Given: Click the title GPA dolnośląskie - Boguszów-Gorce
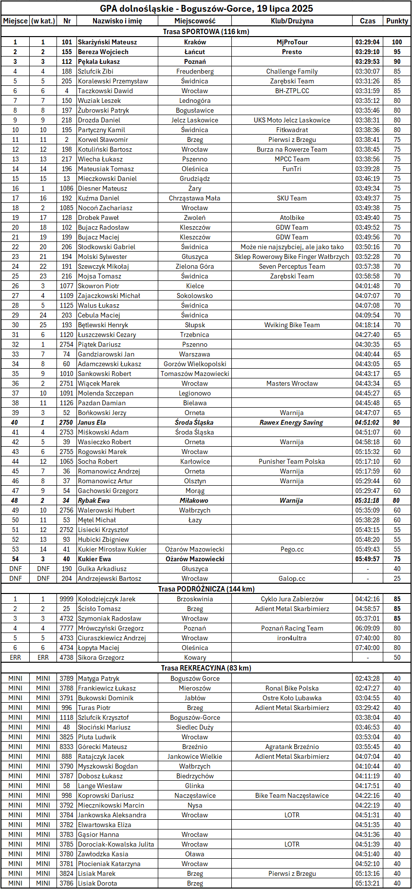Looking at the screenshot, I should coord(206,8).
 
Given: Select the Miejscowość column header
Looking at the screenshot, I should coord(195,21).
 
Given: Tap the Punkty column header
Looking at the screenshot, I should coord(397,21).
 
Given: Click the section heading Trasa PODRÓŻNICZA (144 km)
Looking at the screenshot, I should coord(206,589).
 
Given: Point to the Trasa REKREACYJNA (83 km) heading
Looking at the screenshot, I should coord(206,668).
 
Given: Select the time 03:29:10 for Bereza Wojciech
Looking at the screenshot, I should coord(367,52).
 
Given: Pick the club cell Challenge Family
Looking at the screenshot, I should coord(292,71).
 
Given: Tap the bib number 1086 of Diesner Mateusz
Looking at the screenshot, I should coord(67,188).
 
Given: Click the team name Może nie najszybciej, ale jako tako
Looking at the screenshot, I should coord(292,247).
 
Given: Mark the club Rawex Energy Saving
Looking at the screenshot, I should coord(291,422).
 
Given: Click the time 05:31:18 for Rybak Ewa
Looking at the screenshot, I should coord(367,500).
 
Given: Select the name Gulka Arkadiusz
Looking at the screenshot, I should coord(102,569).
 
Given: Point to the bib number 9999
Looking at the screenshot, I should coord(67,599).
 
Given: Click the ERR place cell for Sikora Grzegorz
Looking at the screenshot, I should coord(15,657).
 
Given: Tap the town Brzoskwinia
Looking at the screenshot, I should coord(195,599).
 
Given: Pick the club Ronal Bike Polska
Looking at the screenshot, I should coord(292,688).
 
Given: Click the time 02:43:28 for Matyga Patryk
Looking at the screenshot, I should coord(367,678).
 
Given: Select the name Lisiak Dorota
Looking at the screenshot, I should coord(97,883).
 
